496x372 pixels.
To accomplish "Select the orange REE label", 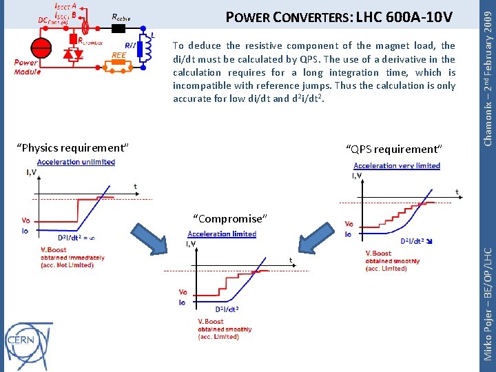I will click(x=118, y=56).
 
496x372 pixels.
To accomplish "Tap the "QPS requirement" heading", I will click(x=394, y=149).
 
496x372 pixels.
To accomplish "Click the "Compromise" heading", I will click(x=229, y=218).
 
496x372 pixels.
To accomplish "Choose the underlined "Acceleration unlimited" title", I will click(x=76, y=162).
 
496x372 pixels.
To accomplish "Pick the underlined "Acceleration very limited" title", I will click(x=396, y=165).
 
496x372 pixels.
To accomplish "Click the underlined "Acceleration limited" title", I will click(x=221, y=234).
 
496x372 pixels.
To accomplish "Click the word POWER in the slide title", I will click(x=250, y=16).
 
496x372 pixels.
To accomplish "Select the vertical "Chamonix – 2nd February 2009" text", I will click(x=487, y=73).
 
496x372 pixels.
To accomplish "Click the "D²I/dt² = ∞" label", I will click(x=76, y=238).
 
